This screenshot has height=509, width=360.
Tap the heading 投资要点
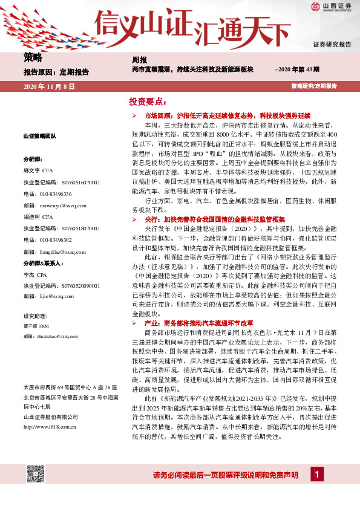tap(146, 101)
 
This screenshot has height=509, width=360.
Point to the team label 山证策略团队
tap(40, 137)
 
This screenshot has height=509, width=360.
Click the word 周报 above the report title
tap(140, 60)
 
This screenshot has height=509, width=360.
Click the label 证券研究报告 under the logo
tap(332, 45)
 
